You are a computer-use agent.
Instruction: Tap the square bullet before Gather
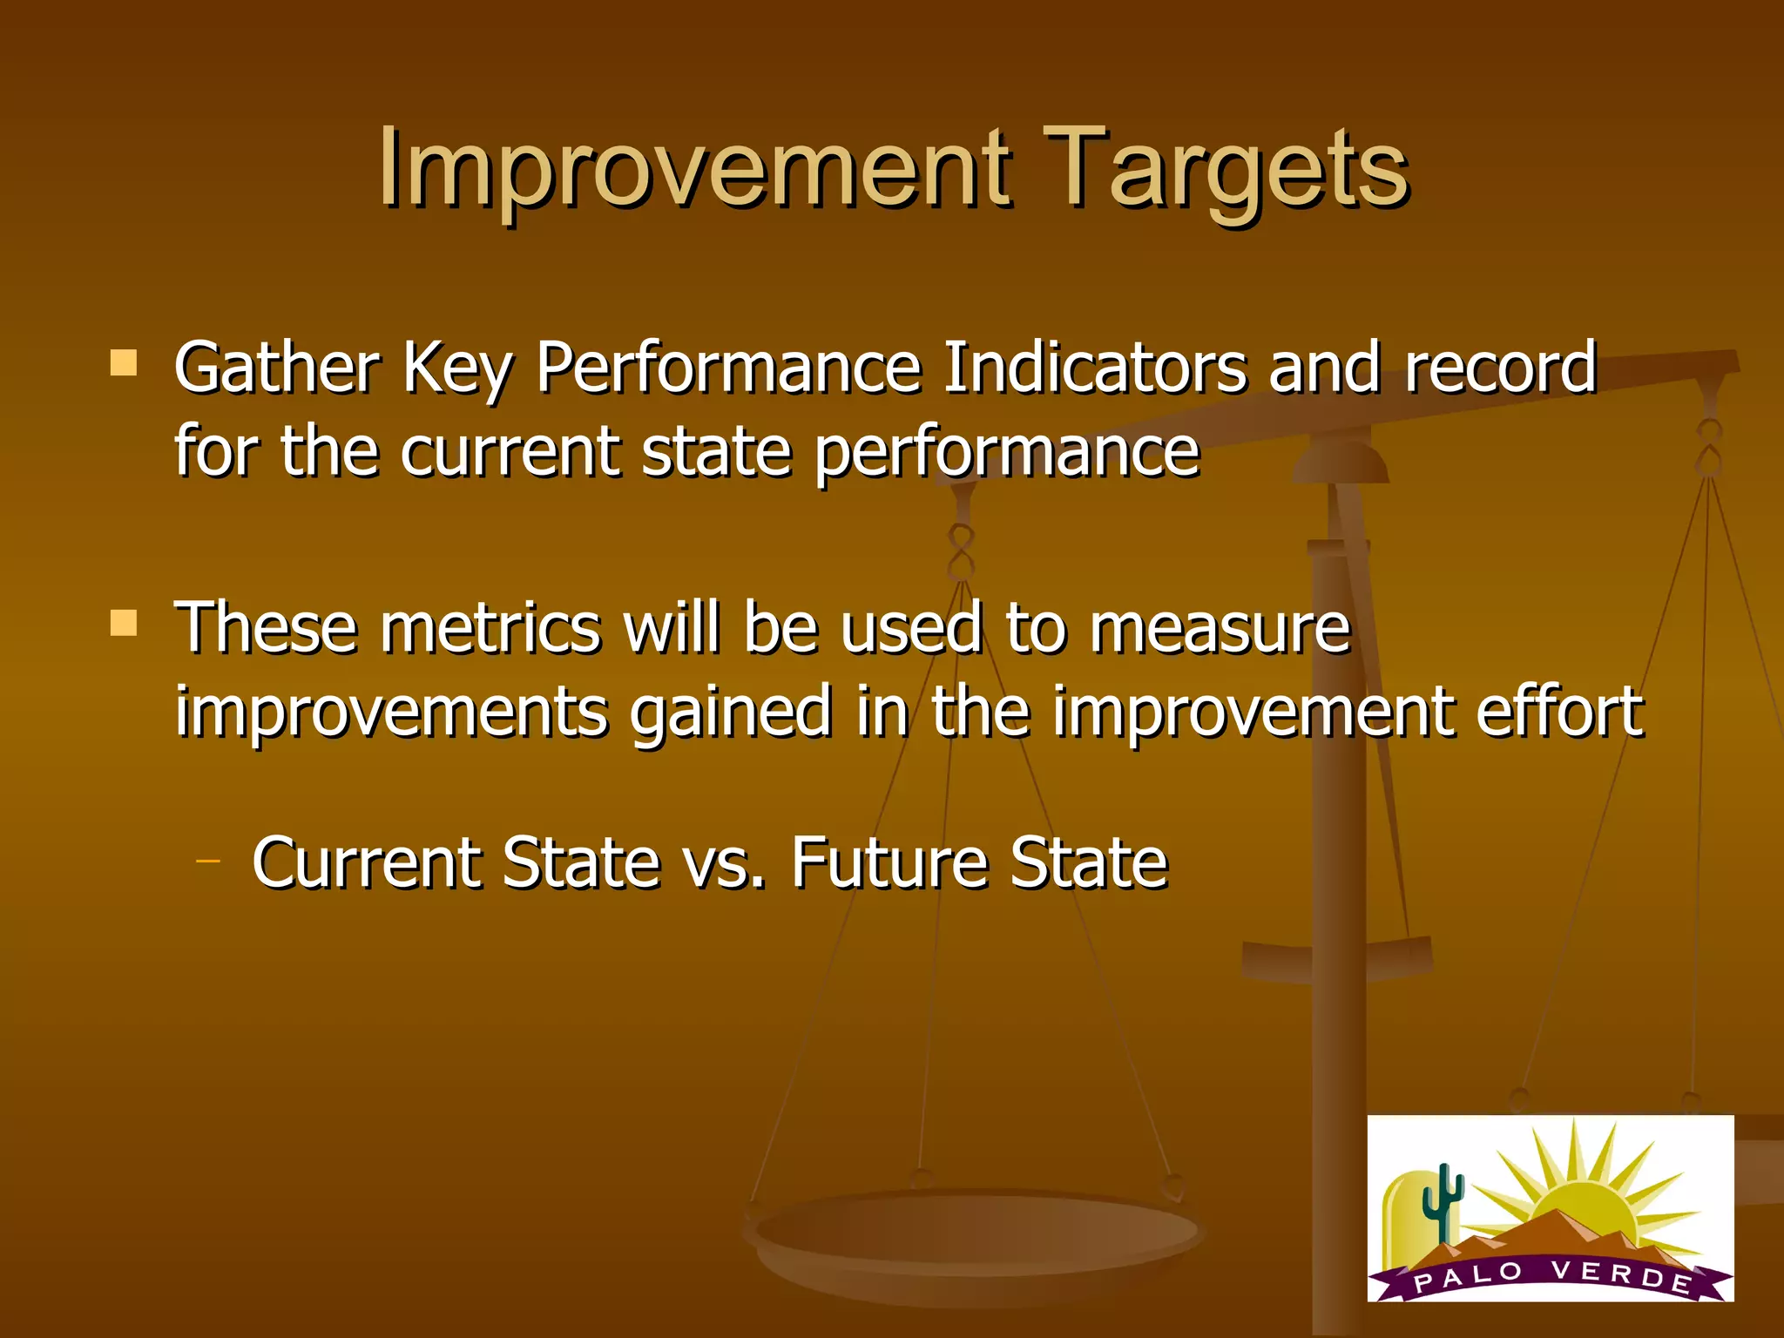124,363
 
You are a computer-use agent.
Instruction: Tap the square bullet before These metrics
124,623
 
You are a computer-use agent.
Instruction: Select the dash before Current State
208,862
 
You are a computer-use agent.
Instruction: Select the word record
1500,368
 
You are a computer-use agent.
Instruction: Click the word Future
889,863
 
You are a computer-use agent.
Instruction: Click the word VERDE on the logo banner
1620,1276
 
